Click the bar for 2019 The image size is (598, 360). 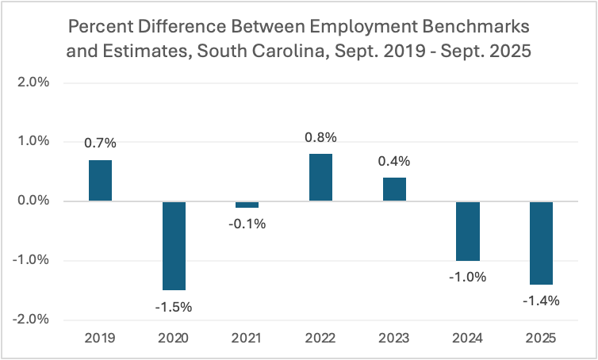[x=100, y=181]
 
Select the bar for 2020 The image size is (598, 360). [x=174, y=246]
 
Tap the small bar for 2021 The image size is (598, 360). [x=247, y=205]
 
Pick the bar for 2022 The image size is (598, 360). [x=320, y=178]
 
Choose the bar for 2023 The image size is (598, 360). [x=394, y=190]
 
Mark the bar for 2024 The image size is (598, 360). [x=468, y=231]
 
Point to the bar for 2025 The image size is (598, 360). [x=541, y=243]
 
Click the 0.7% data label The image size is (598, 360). [x=101, y=144]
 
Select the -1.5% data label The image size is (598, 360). [x=174, y=306]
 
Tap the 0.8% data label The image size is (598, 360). [x=321, y=137]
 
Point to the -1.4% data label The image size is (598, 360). [x=541, y=301]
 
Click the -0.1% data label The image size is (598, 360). [x=247, y=224]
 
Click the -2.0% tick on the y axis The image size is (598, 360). [x=29, y=320]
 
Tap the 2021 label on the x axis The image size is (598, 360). [x=247, y=339]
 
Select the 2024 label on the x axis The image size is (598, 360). [x=468, y=339]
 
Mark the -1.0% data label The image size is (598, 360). [x=468, y=277]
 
